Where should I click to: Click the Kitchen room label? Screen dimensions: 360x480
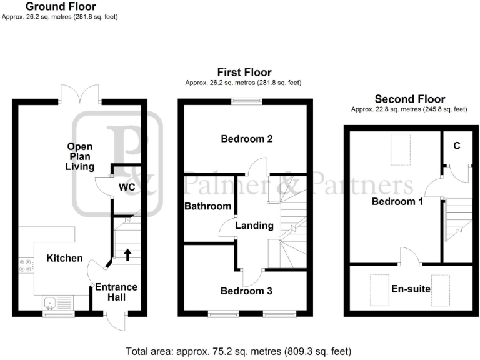[x=65, y=258]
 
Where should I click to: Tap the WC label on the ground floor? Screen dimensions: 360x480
[x=126, y=186]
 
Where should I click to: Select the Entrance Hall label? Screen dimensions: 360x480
[x=116, y=292]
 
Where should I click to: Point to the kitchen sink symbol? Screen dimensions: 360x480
[x=54, y=304]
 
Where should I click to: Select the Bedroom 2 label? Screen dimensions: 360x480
[x=247, y=139]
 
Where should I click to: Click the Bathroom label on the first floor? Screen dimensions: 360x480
[x=208, y=206]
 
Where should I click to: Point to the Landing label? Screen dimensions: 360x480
[x=254, y=226]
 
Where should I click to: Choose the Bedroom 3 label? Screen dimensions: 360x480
[x=246, y=291]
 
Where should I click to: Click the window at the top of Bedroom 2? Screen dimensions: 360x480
[x=245, y=101]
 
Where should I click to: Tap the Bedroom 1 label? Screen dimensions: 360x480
[x=397, y=202]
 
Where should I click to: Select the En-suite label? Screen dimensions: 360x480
[x=411, y=289]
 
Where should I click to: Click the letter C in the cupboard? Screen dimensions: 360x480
[x=457, y=146]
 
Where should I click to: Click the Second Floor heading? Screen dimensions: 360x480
[x=409, y=99]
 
